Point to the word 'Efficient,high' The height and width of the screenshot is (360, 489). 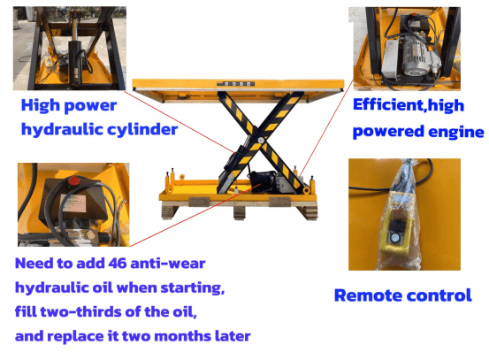point(409,105)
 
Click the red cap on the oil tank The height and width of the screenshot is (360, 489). point(74,181)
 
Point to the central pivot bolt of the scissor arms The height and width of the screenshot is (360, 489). point(261,140)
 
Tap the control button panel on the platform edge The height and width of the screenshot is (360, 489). point(236,84)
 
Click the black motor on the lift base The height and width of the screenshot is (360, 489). point(263,180)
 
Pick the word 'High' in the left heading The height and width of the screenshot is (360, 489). point(40,105)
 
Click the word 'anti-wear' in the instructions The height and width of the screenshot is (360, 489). point(168,264)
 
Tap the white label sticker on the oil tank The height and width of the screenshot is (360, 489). point(73,203)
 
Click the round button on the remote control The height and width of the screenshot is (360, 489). point(395,238)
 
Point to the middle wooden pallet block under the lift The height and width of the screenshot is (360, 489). point(240,213)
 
